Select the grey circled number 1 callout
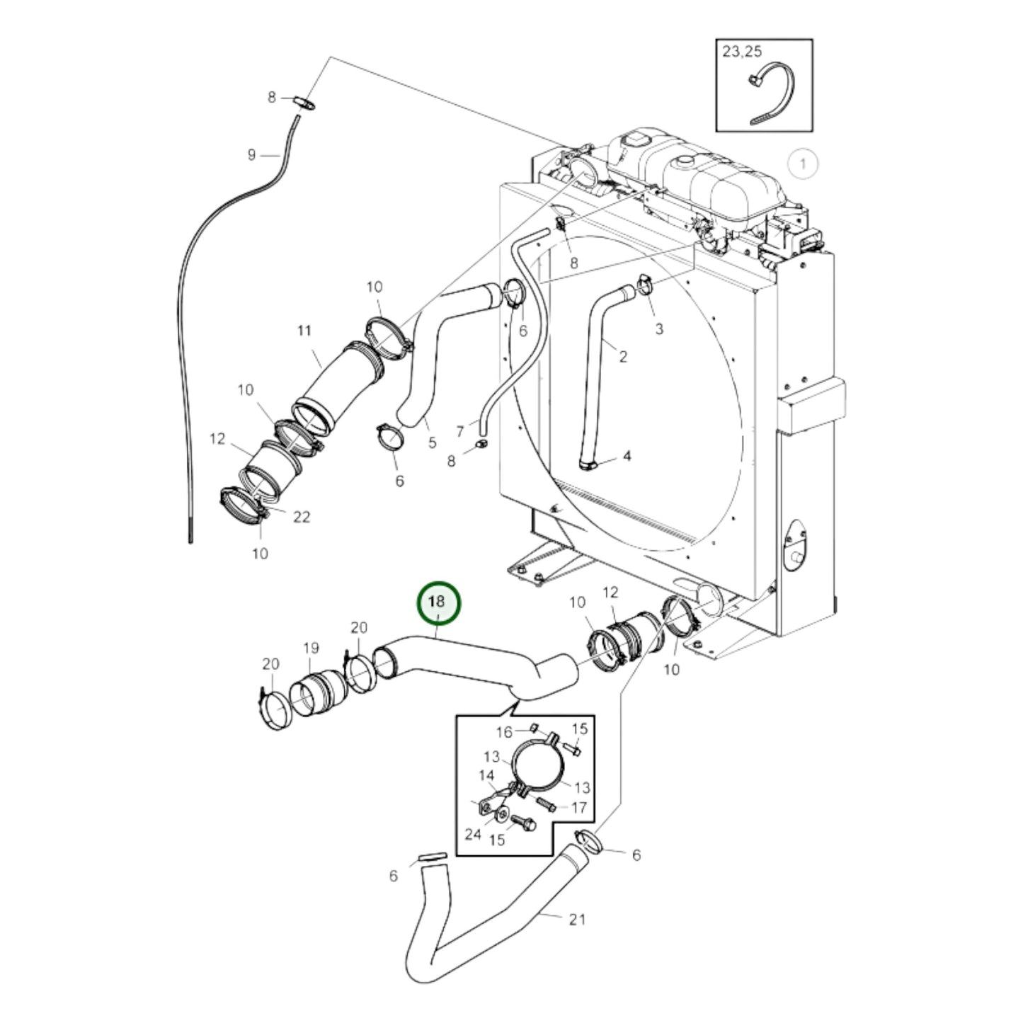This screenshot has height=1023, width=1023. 803,164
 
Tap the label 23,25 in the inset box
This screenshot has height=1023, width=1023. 743,52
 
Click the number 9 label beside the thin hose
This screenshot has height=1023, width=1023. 251,154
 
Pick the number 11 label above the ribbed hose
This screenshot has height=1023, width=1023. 304,330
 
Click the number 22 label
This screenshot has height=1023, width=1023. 302,517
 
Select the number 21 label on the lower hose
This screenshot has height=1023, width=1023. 578,919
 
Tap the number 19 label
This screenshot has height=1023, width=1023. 311,648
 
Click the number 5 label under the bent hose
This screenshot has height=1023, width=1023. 432,444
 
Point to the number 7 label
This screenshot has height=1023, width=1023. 460,431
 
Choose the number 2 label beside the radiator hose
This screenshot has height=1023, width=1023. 622,357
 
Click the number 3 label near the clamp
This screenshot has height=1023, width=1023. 659,328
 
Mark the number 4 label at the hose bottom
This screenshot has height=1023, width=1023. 627,457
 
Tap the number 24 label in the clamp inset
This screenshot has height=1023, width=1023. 473,835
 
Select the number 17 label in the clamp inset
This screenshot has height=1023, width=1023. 578,807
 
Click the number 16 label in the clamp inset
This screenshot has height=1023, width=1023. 503,732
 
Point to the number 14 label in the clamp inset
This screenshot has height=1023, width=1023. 486,776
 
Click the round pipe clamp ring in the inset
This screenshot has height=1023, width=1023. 539,765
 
